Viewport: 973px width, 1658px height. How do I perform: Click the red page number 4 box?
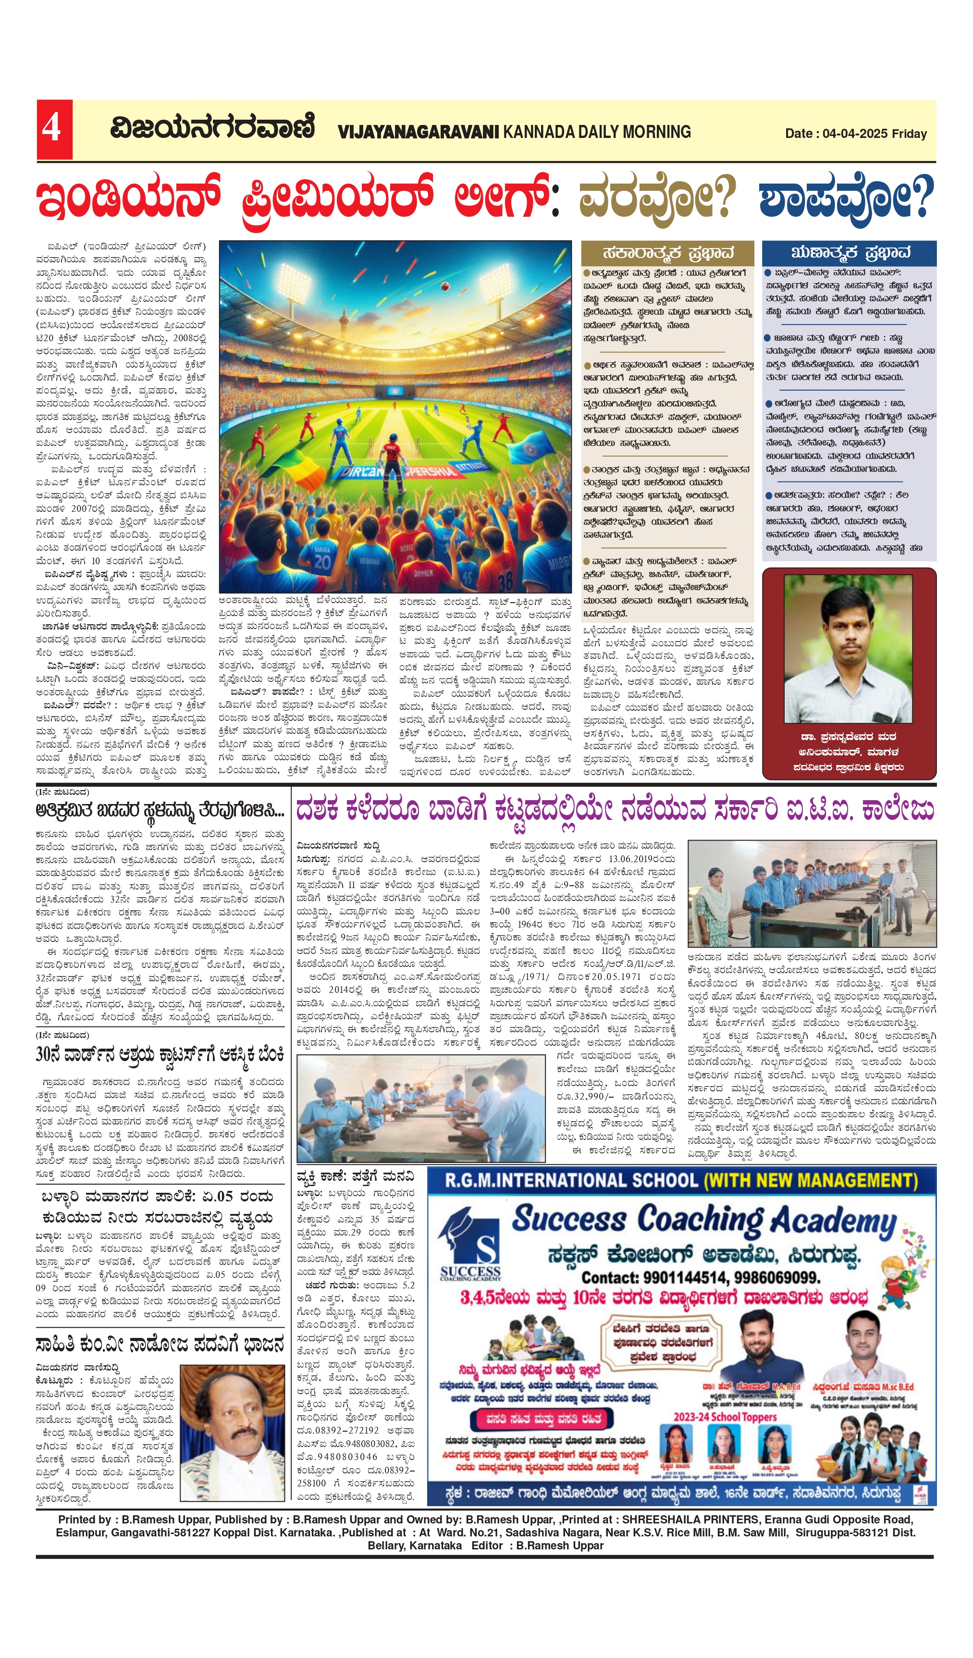coord(54,129)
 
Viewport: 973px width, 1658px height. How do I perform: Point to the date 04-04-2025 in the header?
coord(855,134)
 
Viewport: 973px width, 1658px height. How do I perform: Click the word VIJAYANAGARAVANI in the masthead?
coord(419,132)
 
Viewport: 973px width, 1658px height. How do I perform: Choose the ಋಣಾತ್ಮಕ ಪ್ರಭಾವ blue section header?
coord(849,253)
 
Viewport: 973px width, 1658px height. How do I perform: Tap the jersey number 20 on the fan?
coord(322,560)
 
